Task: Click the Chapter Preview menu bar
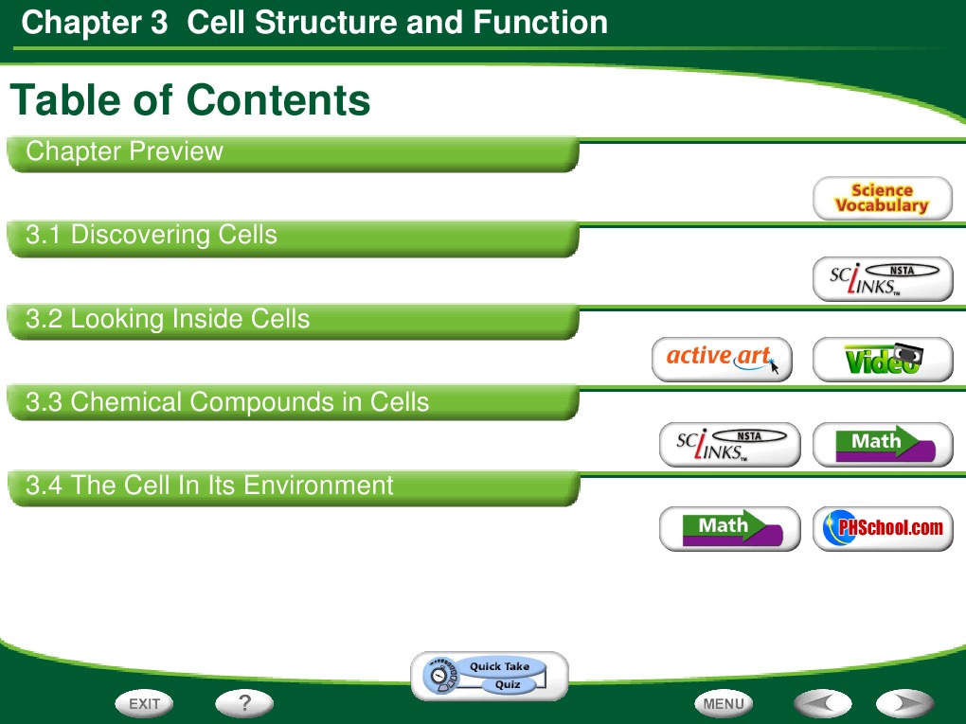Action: click(x=292, y=153)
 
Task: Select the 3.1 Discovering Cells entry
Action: click(x=292, y=237)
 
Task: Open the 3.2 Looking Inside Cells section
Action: click(x=292, y=321)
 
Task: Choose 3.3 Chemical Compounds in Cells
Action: click(x=292, y=403)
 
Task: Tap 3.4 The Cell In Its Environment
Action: click(x=292, y=487)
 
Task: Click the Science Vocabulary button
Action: click(x=882, y=199)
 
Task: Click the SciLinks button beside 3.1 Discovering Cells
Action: click(x=882, y=279)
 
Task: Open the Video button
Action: click(x=882, y=360)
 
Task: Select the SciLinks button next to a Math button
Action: click(x=729, y=445)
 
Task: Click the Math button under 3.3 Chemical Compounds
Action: click(x=882, y=445)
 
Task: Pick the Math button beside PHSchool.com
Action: click(x=729, y=529)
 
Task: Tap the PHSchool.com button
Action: click(x=882, y=529)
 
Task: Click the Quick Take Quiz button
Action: click(x=490, y=675)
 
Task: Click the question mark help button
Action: click(x=243, y=703)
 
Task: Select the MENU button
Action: click(x=724, y=703)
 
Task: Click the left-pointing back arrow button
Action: click(x=821, y=703)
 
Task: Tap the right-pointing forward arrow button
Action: click(x=904, y=703)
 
